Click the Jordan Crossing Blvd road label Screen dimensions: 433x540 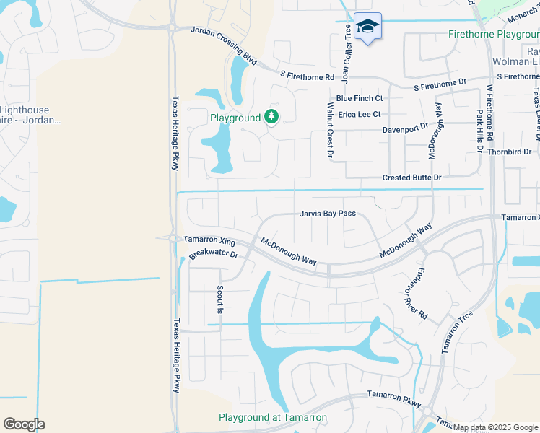(x=223, y=34)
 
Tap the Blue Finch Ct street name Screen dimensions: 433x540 (x=359, y=98)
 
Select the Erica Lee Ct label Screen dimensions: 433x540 (x=358, y=114)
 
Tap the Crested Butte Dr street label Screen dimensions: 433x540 (x=411, y=178)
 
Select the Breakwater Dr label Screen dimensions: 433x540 (x=214, y=254)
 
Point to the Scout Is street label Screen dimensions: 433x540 (x=221, y=299)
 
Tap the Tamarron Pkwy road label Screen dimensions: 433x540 (x=393, y=395)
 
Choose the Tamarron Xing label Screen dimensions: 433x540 (x=209, y=240)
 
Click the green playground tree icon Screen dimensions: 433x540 (x=271, y=117)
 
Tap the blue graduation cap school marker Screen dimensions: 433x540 (x=367, y=27)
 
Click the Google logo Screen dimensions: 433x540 (x=24, y=424)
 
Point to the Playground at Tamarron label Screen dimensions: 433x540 (x=273, y=417)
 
